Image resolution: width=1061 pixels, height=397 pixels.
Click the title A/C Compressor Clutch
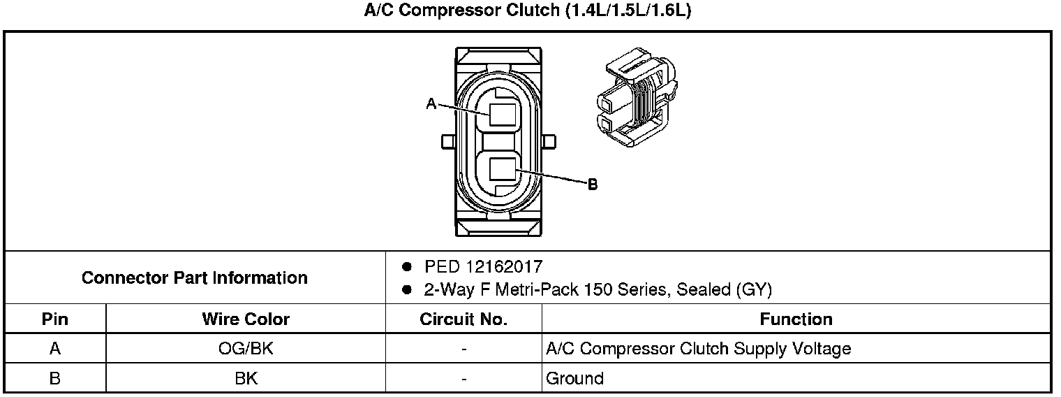[461, 10]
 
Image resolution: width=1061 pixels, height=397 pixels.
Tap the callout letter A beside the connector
[431, 103]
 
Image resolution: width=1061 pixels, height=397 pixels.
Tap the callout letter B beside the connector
[593, 184]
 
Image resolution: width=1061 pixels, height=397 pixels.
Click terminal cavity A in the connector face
[502, 115]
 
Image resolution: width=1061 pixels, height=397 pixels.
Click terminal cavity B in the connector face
[502, 169]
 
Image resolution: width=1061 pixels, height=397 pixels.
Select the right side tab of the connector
[549, 142]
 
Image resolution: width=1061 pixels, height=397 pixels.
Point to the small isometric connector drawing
[637, 96]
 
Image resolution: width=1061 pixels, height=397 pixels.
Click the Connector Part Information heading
[195, 277]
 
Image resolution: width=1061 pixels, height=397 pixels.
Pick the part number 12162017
[504, 266]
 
